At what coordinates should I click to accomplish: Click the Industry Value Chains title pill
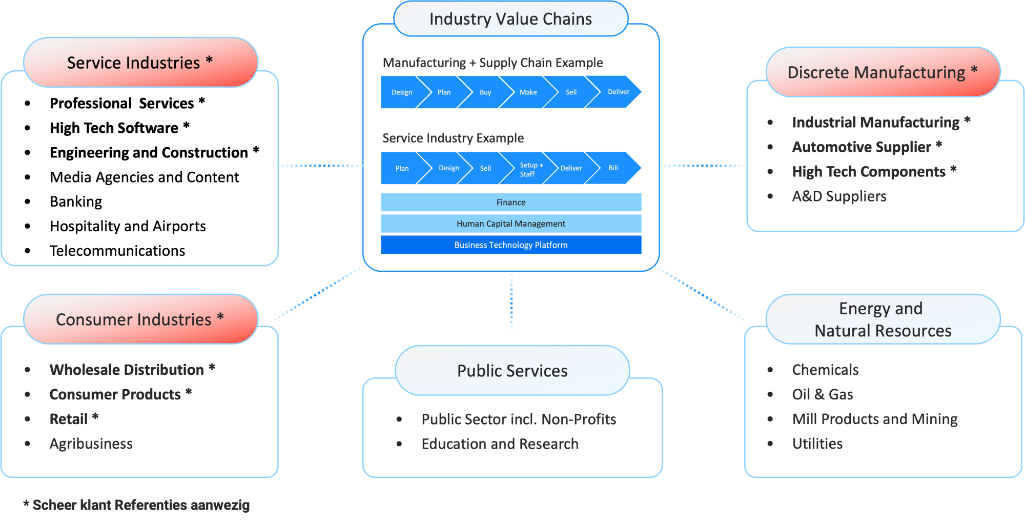click(x=510, y=19)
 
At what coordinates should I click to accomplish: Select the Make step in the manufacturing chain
click(x=528, y=92)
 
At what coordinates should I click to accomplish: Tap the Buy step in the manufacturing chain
click(x=485, y=92)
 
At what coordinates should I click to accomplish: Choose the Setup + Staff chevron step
click(x=530, y=169)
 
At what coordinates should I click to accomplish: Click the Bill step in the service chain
click(x=613, y=168)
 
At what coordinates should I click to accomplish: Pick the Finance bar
click(x=510, y=203)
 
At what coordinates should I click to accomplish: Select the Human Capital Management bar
click(x=510, y=224)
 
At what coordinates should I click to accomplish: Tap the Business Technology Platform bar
click(x=510, y=245)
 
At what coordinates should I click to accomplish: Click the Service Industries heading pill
click(x=140, y=63)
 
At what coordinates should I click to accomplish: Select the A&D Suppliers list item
click(x=839, y=196)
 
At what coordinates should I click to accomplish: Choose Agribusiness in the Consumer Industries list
click(x=91, y=444)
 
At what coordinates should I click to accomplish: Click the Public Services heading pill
click(x=512, y=371)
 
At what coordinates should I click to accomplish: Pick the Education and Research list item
click(x=500, y=444)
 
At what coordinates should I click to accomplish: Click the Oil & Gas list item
click(x=822, y=394)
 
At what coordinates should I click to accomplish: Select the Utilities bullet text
click(x=817, y=444)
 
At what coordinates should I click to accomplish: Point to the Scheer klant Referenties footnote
click(x=136, y=505)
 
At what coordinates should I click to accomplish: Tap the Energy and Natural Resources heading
click(x=883, y=319)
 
